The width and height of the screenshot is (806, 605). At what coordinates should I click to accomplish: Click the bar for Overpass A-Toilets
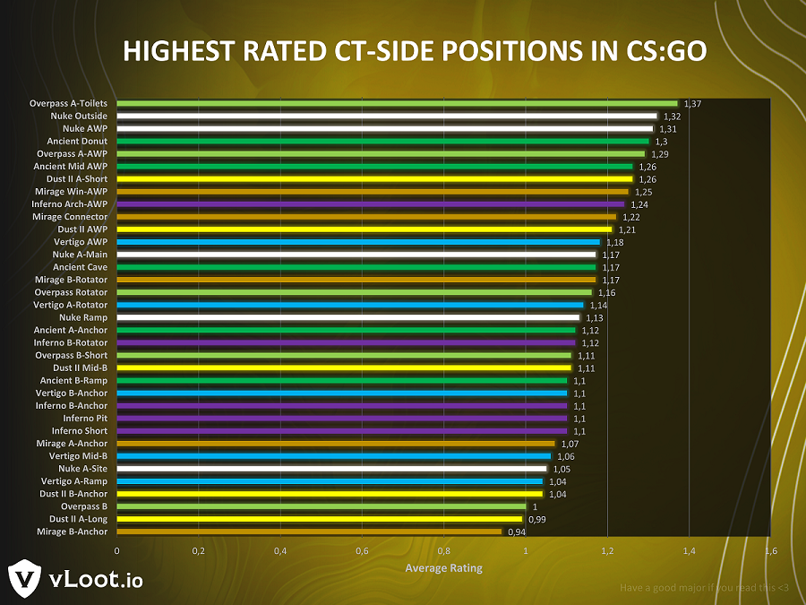click(x=397, y=103)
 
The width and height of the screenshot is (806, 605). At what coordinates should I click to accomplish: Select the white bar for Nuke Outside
click(x=387, y=116)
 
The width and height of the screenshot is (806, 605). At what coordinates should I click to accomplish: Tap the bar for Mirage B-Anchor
click(x=309, y=532)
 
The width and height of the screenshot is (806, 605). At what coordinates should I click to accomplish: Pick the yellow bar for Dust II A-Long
click(x=319, y=519)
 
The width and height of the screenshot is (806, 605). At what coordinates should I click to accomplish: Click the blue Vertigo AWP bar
click(x=358, y=242)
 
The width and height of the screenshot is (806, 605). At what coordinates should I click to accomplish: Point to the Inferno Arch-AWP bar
click(x=370, y=204)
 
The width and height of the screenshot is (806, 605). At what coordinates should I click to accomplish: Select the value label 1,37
click(x=691, y=104)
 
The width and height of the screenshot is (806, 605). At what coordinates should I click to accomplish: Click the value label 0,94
click(x=516, y=532)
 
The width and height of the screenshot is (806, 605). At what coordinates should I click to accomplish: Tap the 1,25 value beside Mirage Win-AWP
click(x=643, y=192)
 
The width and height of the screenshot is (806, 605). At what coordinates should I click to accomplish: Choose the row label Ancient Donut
click(x=77, y=141)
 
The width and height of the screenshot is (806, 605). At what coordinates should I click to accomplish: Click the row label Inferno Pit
click(x=85, y=418)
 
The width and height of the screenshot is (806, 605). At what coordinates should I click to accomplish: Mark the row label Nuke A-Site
click(x=83, y=469)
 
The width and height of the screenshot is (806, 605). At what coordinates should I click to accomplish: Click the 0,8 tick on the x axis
click(x=444, y=549)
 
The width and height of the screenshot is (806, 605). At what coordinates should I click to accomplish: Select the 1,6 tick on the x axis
click(x=770, y=549)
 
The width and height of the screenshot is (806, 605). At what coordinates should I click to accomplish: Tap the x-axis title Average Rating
click(x=443, y=567)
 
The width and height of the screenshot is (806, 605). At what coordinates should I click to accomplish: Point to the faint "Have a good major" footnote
click(x=704, y=588)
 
